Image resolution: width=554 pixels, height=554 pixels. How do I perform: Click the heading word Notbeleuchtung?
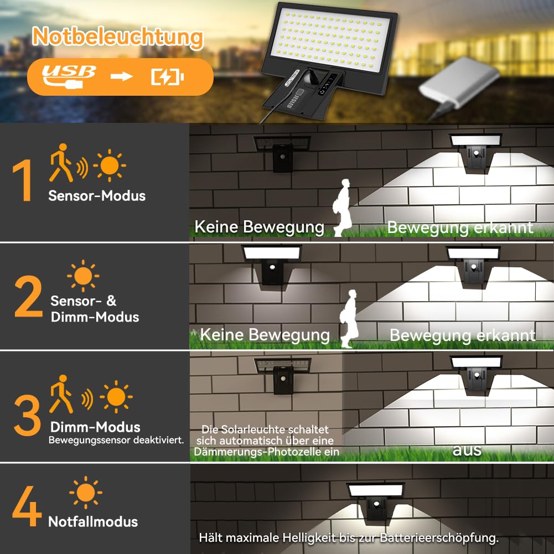118,38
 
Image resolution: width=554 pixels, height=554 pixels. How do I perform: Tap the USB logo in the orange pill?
69,76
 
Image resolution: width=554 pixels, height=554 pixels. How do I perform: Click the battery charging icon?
168,76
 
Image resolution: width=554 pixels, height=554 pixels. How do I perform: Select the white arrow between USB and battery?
121,76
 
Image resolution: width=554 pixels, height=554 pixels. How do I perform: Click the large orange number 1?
23,180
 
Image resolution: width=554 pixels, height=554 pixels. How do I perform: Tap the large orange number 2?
28,296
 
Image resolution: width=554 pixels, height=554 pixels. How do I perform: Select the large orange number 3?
27,415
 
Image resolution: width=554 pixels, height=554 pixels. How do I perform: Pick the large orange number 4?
27,506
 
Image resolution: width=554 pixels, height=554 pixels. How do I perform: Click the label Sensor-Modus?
97,196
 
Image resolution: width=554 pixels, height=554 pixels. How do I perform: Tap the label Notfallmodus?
93,522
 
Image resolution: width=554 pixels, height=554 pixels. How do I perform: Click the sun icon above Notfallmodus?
85,492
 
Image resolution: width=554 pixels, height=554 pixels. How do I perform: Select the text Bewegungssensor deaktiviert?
116,440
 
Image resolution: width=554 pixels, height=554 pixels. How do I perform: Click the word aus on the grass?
467,450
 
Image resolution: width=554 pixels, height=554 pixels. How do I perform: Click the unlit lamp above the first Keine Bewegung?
282,153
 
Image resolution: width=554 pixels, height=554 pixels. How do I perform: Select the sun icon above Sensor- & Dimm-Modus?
83,276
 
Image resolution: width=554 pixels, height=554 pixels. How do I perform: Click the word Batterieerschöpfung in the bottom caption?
439,538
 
